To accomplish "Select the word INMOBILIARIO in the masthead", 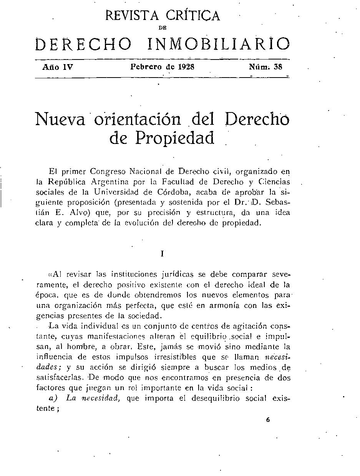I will [219, 44].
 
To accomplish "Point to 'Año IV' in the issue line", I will [58, 67].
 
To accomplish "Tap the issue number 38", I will [278, 66].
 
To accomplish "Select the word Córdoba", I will [173, 192].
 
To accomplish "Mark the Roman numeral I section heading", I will [163, 254].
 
